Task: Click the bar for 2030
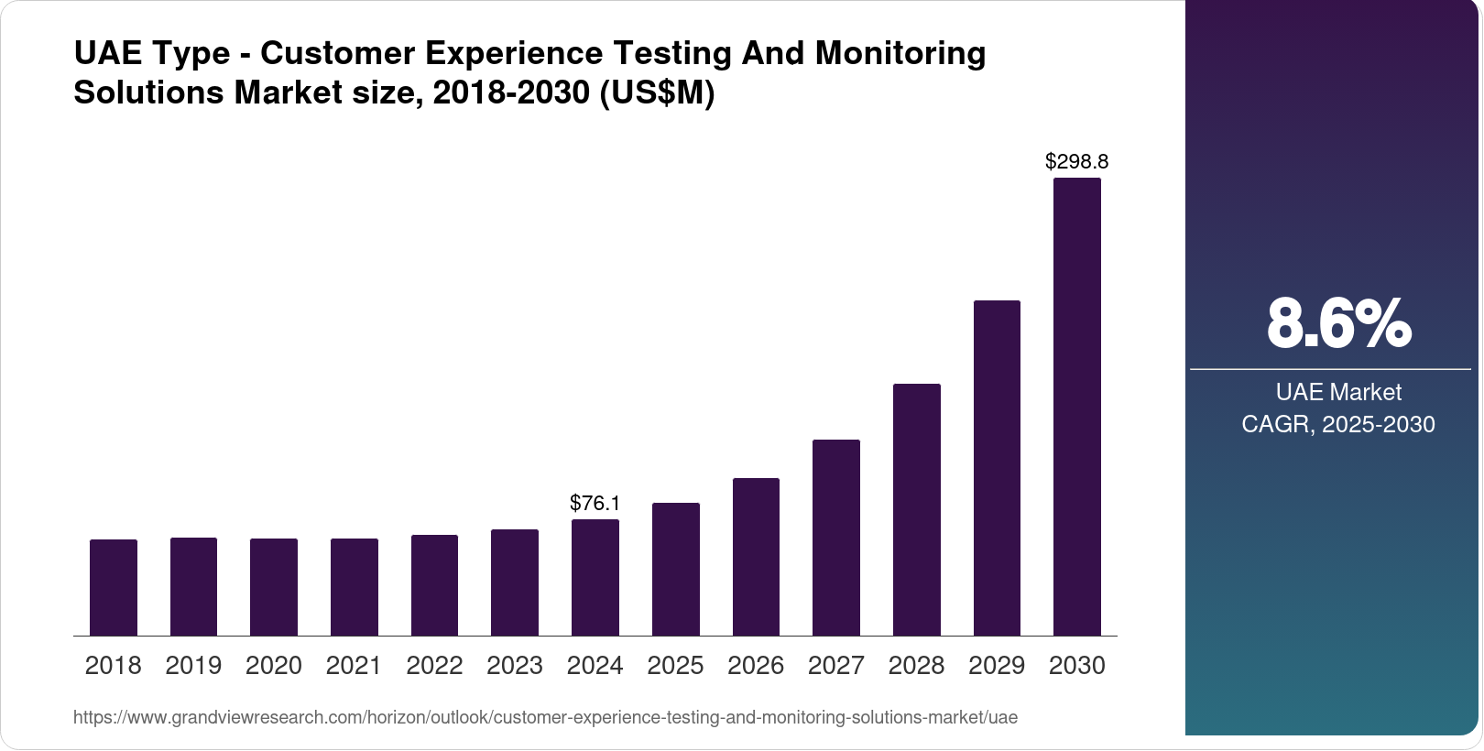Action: tap(1077, 407)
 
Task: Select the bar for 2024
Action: tap(595, 577)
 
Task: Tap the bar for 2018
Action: tap(114, 587)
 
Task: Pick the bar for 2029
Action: tap(997, 468)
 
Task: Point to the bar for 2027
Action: tap(836, 538)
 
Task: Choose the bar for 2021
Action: tap(355, 587)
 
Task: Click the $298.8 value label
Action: tap(1077, 162)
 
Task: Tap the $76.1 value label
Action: tap(595, 503)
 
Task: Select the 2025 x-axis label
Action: tap(675, 666)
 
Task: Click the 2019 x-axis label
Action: tap(193, 666)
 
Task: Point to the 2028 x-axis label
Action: tap(916, 666)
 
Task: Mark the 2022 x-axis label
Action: tap(434, 666)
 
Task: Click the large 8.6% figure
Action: tap(1338, 323)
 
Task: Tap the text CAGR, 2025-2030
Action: tap(1338, 425)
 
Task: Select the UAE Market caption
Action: tap(1338, 393)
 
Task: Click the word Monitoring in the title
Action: tap(900, 53)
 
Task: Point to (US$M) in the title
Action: tap(656, 93)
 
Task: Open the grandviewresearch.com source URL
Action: tap(545, 718)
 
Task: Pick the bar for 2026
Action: tap(756, 557)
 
